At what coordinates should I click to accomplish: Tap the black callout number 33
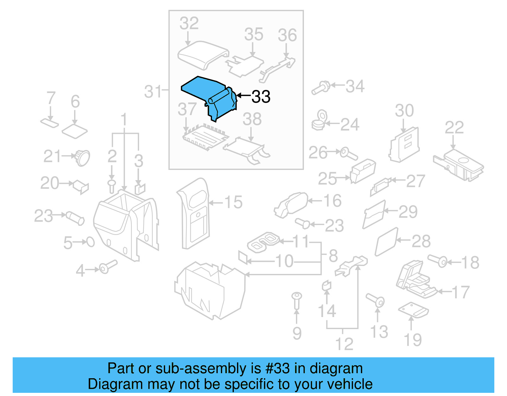(x=261, y=97)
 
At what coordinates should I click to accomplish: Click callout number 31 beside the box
(x=153, y=92)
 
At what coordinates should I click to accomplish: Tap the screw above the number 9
(x=297, y=300)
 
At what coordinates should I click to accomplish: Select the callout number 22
(x=454, y=127)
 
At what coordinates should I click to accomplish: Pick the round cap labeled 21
(x=83, y=157)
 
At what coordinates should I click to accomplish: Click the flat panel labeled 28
(x=386, y=241)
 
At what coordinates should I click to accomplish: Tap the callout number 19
(x=413, y=340)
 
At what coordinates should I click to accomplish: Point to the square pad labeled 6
(x=74, y=130)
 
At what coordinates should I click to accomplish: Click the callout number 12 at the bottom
(x=344, y=344)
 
